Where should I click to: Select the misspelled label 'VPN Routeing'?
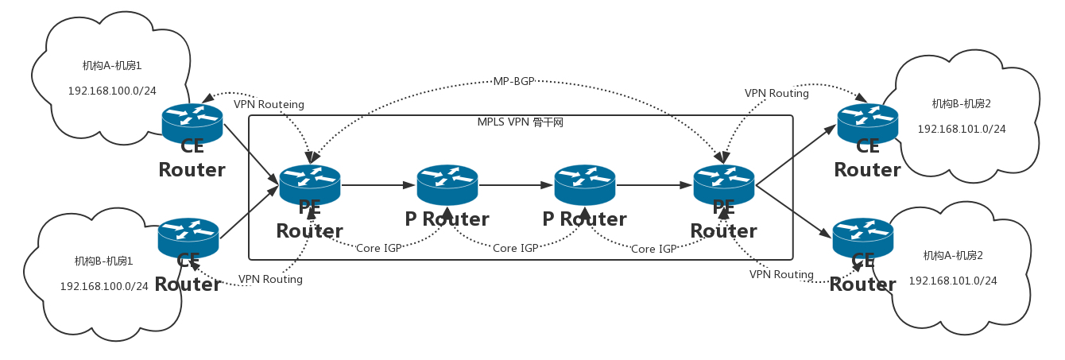[x=269, y=104]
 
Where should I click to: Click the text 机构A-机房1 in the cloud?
[x=112, y=66]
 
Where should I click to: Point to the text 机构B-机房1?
[x=103, y=261]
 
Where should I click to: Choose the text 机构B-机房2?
[x=961, y=103]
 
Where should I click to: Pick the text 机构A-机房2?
[x=953, y=255]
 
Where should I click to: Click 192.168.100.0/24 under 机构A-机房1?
[x=112, y=91]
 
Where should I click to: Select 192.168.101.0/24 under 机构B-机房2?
[x=962, y=129]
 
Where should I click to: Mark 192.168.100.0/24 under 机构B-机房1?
[x=104, y=286]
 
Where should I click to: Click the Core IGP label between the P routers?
[x=517, y=248]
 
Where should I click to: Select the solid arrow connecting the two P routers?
[x=516, y=185]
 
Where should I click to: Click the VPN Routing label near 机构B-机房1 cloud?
[x=270, y=280]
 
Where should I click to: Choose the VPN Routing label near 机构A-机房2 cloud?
[x=781, y=274]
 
